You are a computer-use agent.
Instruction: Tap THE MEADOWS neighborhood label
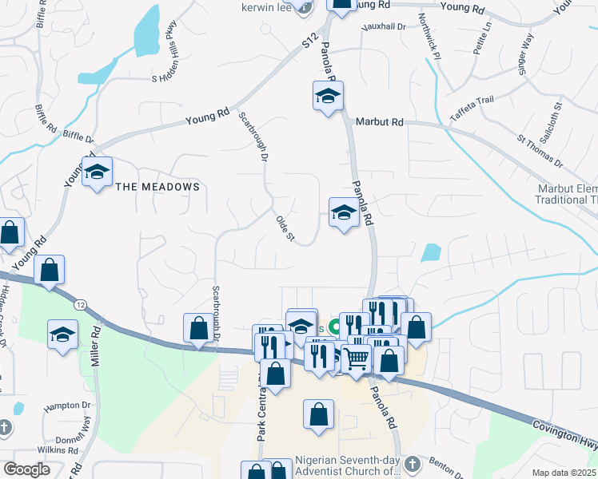pos(157,187)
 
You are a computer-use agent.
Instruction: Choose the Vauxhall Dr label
pos(384,26)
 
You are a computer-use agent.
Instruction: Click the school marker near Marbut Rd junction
pos(327,97)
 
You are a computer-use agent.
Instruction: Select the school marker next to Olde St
pos(344,212)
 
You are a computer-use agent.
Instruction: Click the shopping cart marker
pos(356,360)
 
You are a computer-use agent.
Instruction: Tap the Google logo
pos(27,469)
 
